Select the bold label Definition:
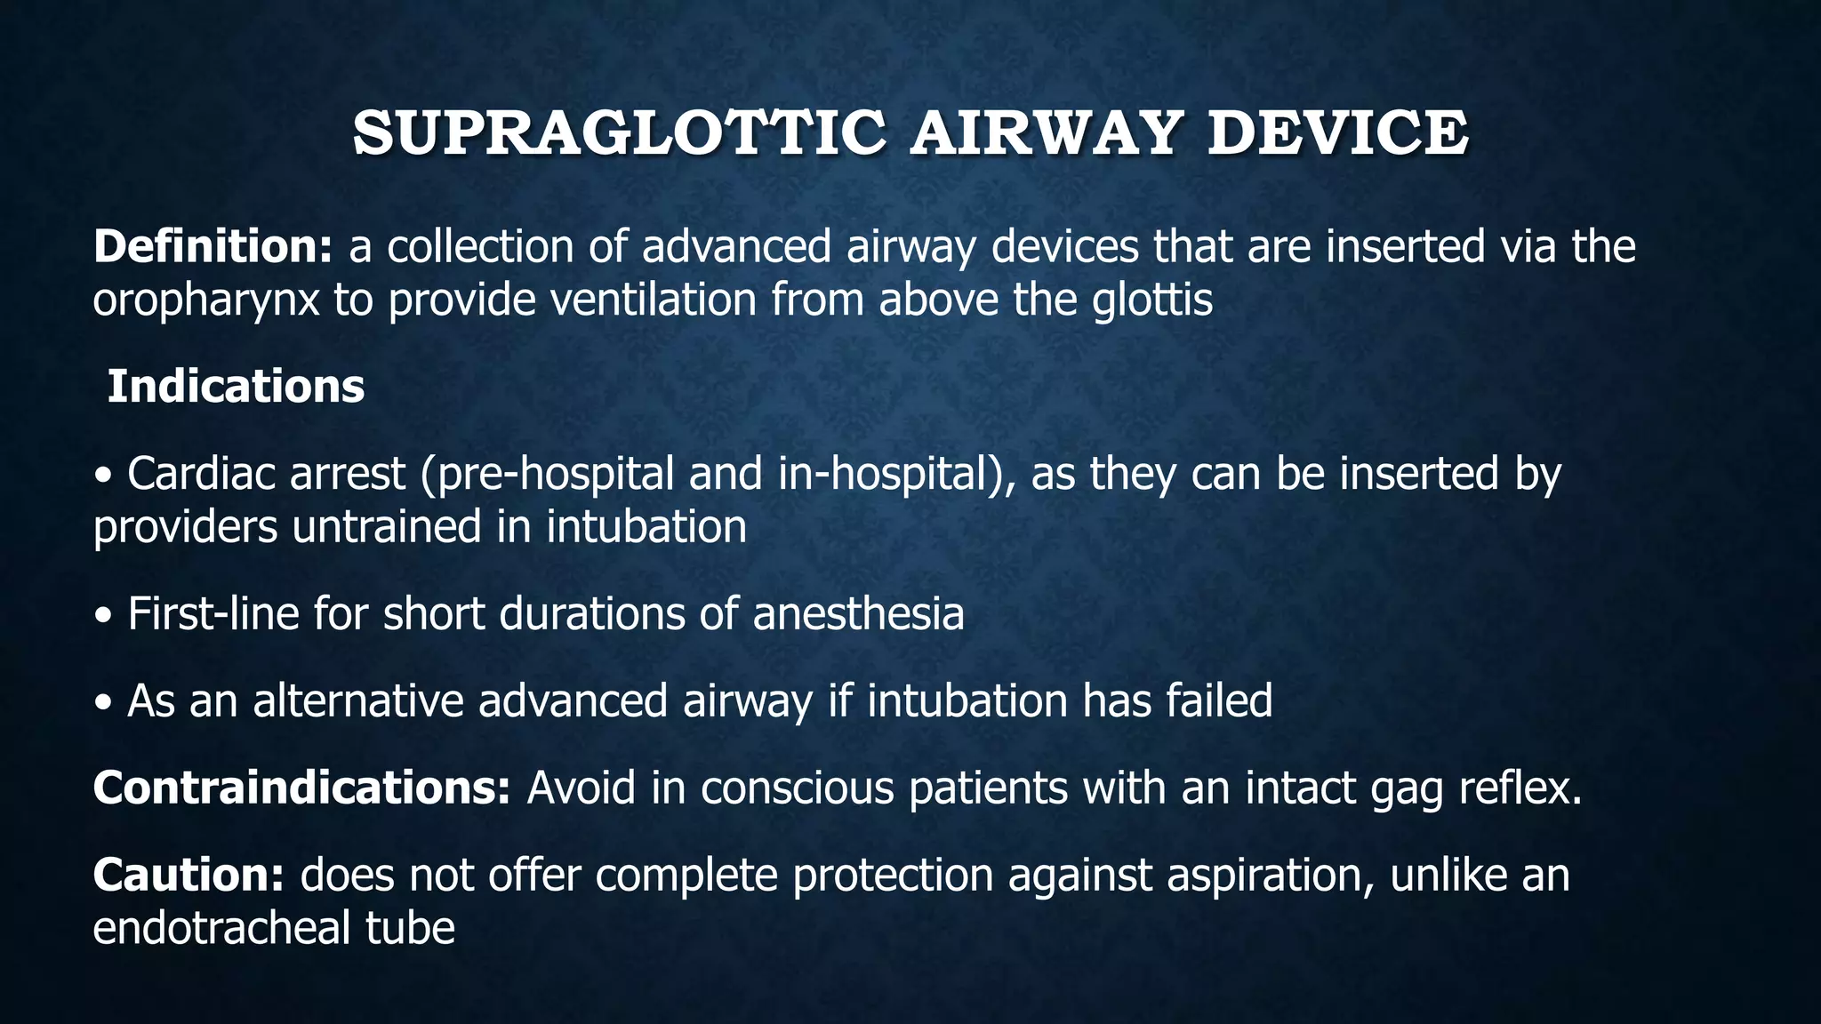click(213, 246)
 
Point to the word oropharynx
click(205, 300)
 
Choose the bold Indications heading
click(236, 387)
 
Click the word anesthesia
click(858, 613)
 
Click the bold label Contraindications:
click(301, 788)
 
